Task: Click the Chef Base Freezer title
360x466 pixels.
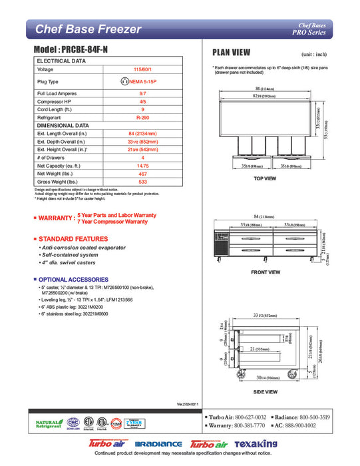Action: point(88,29)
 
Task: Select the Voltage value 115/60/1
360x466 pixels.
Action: point(142,69)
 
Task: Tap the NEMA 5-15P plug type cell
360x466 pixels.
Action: point(142,81)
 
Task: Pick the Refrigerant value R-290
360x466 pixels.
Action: point(142,116)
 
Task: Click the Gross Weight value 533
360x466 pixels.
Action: point(142,182)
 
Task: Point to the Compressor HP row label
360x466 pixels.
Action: point(55,101)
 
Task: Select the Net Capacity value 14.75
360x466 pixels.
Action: point(142,166)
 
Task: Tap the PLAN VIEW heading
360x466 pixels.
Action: point(231,53)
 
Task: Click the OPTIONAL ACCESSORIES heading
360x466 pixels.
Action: point(74,280)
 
